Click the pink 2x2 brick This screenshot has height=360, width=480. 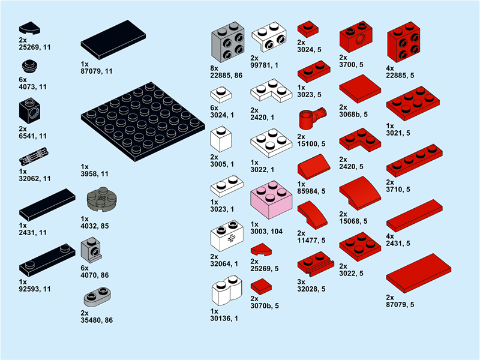click(271, 200)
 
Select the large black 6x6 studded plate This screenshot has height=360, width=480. click(143, 122)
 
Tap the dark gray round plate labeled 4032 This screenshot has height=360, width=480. click(101, 200)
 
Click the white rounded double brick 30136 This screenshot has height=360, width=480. click(227, 290)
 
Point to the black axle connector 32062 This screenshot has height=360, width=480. click(34, 156)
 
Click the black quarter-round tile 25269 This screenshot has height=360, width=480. click(29, 28)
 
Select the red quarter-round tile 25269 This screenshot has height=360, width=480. click(261, 250)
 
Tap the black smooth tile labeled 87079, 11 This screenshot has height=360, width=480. click(113, 40)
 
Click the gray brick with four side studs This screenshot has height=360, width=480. click(228, 42)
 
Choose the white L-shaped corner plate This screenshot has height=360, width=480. click(271, 91)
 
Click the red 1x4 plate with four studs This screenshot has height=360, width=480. click(414, 161)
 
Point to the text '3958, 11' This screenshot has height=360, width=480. click(95, 174)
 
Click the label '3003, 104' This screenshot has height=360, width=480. click(266, 232)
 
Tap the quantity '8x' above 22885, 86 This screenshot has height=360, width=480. click(214, 68)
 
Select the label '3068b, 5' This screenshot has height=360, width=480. click(353, 115)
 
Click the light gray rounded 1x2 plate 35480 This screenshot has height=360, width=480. click(97, 296)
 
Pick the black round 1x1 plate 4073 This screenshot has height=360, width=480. click(29, 67)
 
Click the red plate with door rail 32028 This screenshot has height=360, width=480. click(316, 264)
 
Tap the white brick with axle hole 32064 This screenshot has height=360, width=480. click(227, 235)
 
